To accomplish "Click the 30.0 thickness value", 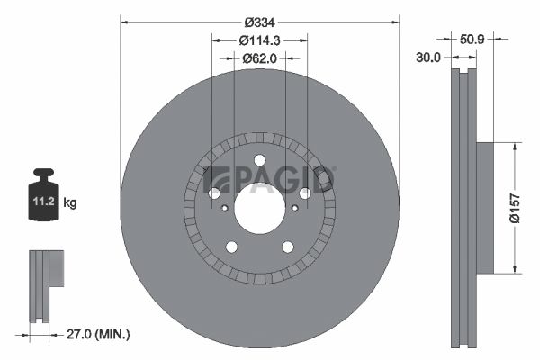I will [428, 57].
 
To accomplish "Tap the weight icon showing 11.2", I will [44, 201].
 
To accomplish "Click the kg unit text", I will [70, 203].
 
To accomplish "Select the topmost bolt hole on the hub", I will [259, 160].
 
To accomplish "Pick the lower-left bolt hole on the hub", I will [231, 247].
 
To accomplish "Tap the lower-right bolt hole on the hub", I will [287, 247].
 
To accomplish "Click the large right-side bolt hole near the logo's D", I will [304, 193].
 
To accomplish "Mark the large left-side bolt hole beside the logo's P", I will [214, 193].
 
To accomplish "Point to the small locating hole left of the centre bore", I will [224, 207].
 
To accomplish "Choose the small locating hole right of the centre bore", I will [294, 207].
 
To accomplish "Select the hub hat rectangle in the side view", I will [484, 206].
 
